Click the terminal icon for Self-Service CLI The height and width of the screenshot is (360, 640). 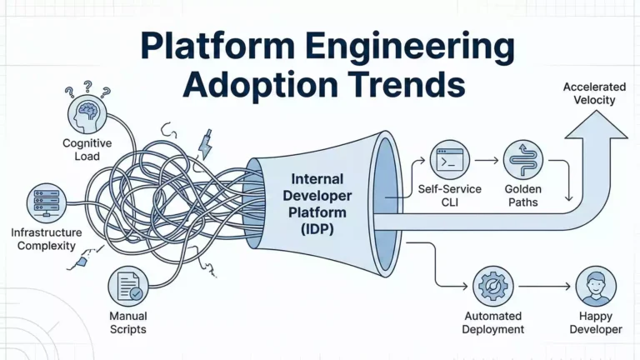[451, 159]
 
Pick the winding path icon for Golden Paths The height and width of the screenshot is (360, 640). [523, 159]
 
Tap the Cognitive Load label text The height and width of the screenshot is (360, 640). [87, 149]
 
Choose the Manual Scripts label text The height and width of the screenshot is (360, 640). [127, 322]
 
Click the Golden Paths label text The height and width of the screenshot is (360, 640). [523, 196]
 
